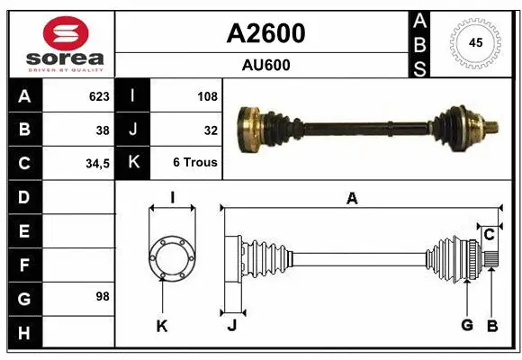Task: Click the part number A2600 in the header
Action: tap(265, 33)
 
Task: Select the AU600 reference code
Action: tap(265, 65)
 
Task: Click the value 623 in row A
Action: tap(98, 96)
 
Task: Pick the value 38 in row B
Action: tap(103, 130)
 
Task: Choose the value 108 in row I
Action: tap(208, 96)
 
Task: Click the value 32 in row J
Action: tap(211, 130)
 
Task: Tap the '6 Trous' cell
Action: tap(195, 164)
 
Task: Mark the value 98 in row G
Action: tap(103, 295)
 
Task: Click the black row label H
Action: tap(23, 334)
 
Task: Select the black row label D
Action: tap(23, 196)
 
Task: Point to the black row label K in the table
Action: tap(133, 163)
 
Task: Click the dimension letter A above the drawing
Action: tap(352, 199)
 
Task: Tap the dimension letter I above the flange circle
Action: tap(171, 198)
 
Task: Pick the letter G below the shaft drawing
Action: tap(467, 324)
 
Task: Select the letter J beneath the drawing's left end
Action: tap(231, 325)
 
